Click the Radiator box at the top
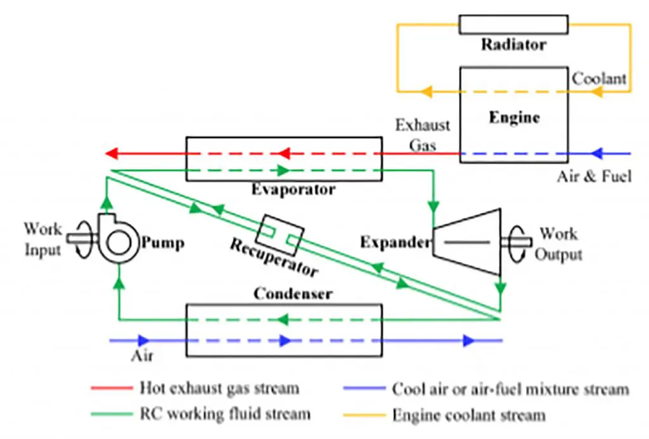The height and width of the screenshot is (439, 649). pyautogui.click(x=513, y=24)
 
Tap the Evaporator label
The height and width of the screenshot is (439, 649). pyautogui.click(x=292, y=189)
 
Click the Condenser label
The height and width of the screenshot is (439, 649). pyautogui.click(x=293, y=294)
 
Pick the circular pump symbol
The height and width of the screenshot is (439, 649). pyautogui.click(x=119, y=241)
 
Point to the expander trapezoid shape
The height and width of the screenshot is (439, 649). pyautogui.click(x=465, y=242)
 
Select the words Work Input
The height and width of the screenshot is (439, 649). pyautogui.click(x=43, y=239)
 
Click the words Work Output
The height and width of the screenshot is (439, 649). pyautogui.click(x=558, y=245)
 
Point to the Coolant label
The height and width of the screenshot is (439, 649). pyautogui.click(x=599, y=79)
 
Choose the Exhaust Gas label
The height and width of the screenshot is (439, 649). pyautogui.click(x=423, y=135)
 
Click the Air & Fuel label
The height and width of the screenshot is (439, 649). pyautogui.click(x=594, y=176)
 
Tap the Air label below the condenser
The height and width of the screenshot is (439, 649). pyautogui.click(x=142, y=356)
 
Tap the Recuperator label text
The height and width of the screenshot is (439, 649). pyautogui.click(x=273, y=257)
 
